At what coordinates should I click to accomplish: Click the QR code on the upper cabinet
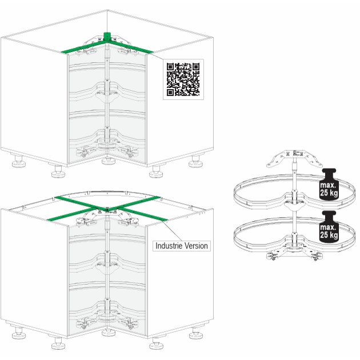click(x=183, y=79)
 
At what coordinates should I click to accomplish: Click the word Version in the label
click(x=196, y=246)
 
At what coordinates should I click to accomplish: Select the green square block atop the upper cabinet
click(x=107, y=37)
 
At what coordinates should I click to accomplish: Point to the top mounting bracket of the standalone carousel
click(x=294, y=158)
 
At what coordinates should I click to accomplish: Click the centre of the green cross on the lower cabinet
click(x=107, y=209)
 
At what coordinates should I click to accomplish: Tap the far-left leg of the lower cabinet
click(x=19, y=333)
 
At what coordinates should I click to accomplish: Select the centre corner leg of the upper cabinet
click(x=109, y=161)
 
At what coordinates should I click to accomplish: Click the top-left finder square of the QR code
click(x=170, y=67)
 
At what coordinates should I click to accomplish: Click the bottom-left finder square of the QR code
click(x=170, y=93)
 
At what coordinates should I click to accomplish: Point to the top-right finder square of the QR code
click(x=196, y=67)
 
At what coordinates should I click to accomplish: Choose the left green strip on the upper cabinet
click(x=83, y=47)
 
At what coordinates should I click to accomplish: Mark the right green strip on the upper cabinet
click(x=131, y=47)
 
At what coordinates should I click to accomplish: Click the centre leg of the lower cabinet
click(x=109, y=333)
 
